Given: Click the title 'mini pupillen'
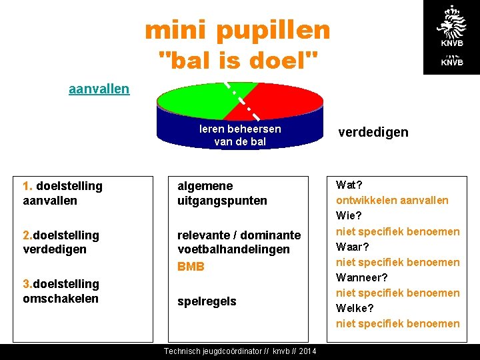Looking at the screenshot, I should coord(237,29).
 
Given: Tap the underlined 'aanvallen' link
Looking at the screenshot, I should coord(99,89).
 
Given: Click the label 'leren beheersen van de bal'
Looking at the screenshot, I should coord(240,135).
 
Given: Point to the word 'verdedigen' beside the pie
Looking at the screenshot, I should coord(373,132).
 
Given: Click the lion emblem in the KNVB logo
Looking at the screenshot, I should coord(451,24).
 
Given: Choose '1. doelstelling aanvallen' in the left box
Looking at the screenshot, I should coord(63,193).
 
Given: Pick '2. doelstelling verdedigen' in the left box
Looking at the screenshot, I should coord(61,242).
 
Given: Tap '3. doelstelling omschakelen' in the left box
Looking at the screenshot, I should coord(61,291).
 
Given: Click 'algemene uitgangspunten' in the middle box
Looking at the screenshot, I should coord(221,193).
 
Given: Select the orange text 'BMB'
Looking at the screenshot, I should coord(191,267).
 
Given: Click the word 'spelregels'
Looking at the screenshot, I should coord(207,301).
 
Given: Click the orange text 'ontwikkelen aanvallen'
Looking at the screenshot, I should coord(392,200).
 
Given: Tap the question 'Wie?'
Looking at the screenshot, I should coord(349,216).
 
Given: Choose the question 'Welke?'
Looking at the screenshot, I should coord(355,308).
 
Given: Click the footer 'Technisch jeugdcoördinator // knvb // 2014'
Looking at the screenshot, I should coord(240,351).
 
